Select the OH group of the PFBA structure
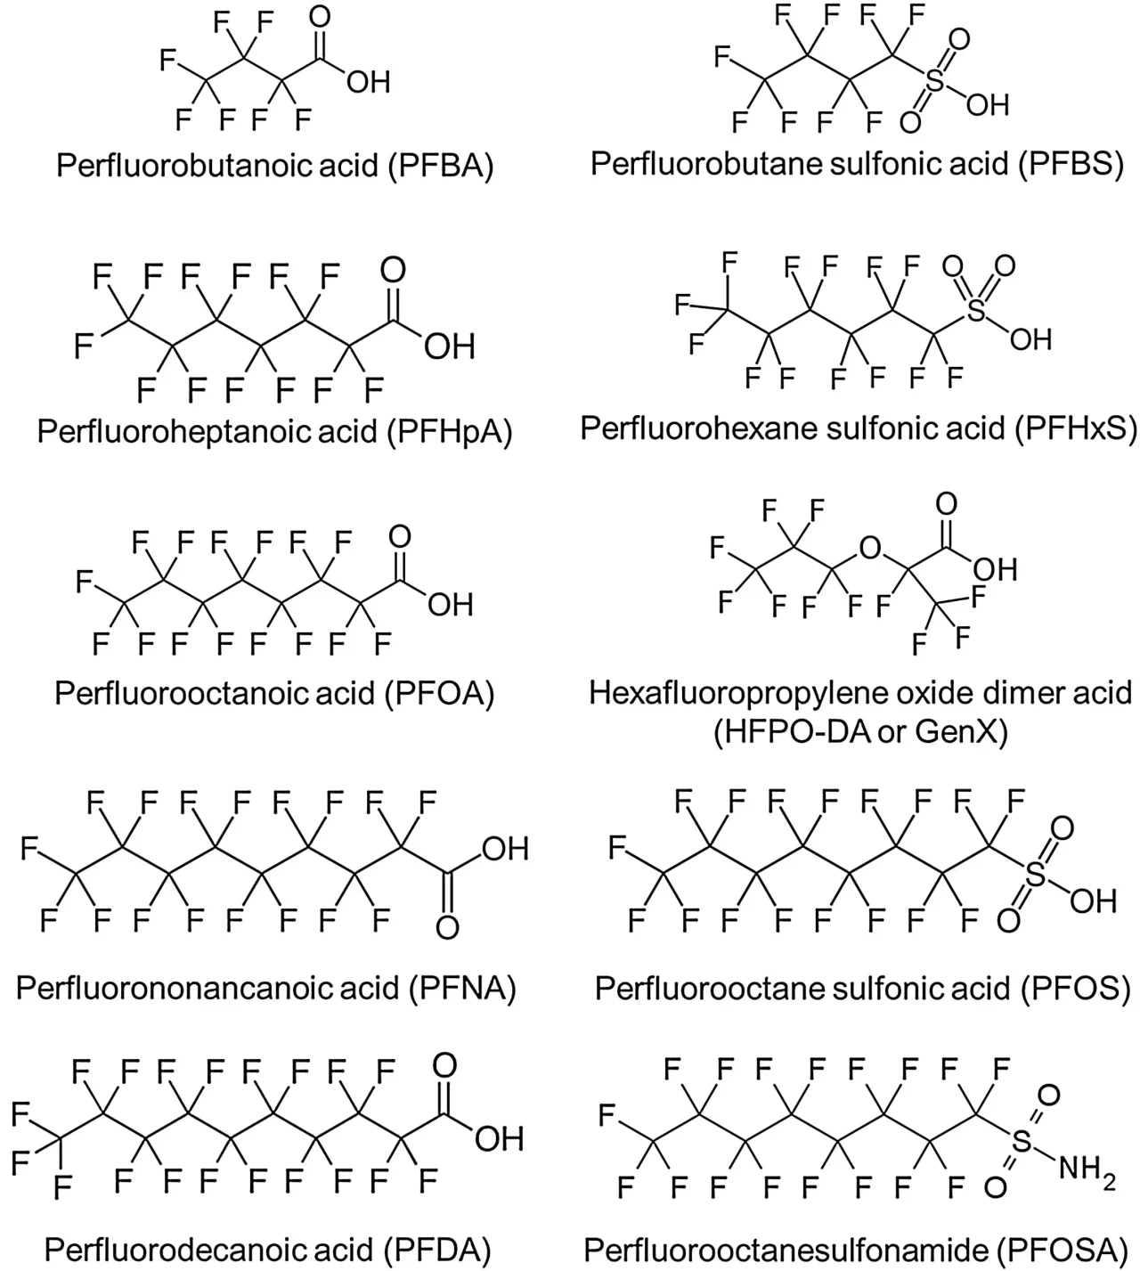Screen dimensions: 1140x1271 point(368,83)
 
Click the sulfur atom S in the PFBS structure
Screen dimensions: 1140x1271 point(934,83)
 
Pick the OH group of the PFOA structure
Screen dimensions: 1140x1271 point(450,606)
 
